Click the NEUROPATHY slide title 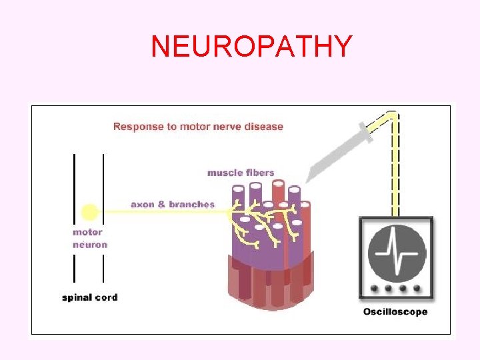point(251,46)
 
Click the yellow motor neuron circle point(89,213)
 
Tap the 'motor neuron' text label point(89,239)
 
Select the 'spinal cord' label point(89,297)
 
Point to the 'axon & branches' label point(173,204)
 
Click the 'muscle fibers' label point(241,173)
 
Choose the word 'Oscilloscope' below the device point(395,312)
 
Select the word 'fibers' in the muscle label point(259,173)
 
